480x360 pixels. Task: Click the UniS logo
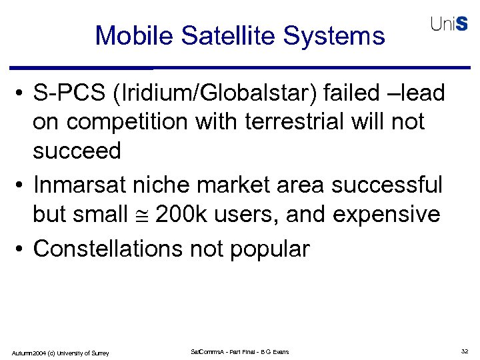click(x=448, y=24)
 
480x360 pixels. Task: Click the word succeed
click(x=77, y=152)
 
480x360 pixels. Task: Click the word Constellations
click(x=108, y=249)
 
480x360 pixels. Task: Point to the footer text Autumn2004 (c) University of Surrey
click(x=60, y=352)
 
